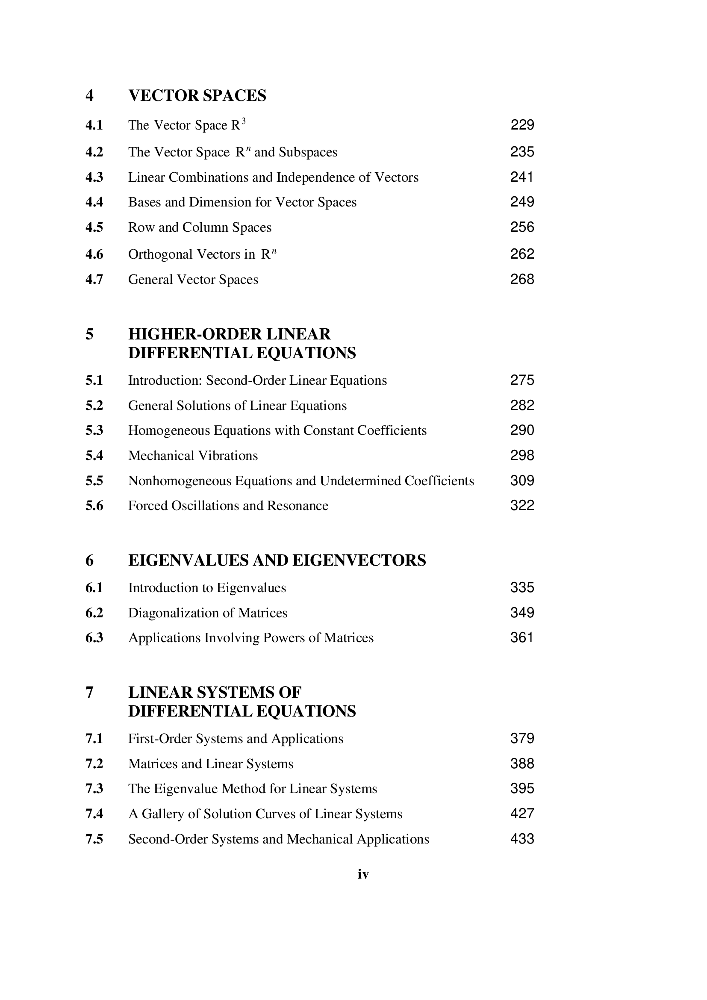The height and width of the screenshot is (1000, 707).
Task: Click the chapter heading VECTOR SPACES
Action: [x=197, y=95]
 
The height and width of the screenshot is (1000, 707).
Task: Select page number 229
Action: [x=522, y=125]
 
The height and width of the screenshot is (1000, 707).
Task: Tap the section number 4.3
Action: [x=94, y=177]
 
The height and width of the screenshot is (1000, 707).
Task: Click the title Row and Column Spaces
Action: [x=199, y=227]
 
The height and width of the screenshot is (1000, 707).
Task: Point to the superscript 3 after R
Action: [x=244, y=121]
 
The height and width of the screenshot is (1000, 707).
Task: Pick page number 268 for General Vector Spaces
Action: [x=522, y=279]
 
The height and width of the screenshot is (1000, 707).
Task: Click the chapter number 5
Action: [x=89, y=334]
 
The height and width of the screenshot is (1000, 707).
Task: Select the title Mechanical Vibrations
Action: [x=193, y=456]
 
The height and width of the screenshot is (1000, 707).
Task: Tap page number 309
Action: [x=522, y=481]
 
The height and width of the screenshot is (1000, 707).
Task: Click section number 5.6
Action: [x=94, y=506]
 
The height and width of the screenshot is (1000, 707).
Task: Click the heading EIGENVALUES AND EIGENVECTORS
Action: [x=277, y=560]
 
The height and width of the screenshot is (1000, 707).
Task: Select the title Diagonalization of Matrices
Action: [x=208, y=613]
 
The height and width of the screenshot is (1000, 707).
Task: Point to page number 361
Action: [x=521, y=637]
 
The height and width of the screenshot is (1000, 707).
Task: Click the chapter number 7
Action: [x=89, y=693]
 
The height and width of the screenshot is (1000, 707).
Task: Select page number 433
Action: [x=522, y=839]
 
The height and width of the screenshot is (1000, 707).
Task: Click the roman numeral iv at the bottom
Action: [x=363, y=874]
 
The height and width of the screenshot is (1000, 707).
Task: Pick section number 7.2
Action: [x=94, y=764]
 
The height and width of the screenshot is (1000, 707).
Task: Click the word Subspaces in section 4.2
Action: [x=308, y=152]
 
